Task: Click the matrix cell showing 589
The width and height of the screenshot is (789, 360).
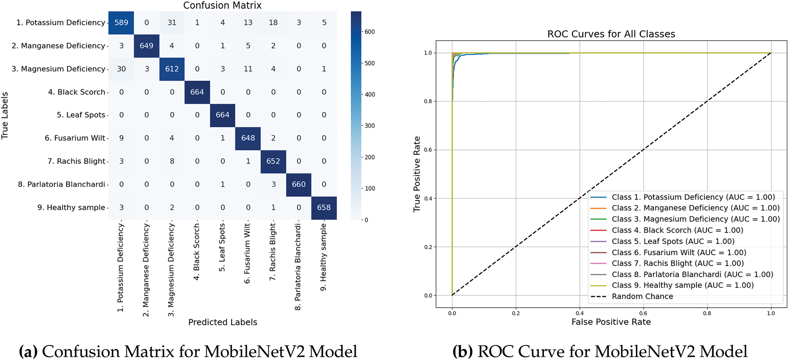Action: pos(121,23)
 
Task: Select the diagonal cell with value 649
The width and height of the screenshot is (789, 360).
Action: pos(146,46)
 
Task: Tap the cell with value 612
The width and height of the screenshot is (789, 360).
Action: pos(172,69)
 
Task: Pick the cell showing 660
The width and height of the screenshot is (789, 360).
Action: pos(299,184)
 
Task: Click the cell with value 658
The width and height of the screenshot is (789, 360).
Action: pos(324,208)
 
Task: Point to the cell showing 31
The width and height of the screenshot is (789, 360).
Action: pos(172,23)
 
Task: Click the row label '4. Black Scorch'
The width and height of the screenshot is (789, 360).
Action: pos(77,92)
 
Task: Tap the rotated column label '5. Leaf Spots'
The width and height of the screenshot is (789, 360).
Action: pos(222,247)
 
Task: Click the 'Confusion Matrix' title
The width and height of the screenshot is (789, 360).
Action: pos(222,5)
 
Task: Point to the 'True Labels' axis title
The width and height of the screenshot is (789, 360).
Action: pos(5,116)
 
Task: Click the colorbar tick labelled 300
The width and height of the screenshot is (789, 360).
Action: pos(369,126)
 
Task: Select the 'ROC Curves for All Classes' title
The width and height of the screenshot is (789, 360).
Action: pos(611,34)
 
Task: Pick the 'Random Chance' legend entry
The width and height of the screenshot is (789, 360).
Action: pos(642,297)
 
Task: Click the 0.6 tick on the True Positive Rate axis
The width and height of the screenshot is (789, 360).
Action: pos(428,150)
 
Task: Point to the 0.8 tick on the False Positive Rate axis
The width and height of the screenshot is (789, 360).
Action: pos(707,314)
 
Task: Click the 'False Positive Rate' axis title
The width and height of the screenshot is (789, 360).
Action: pos(611,322)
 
